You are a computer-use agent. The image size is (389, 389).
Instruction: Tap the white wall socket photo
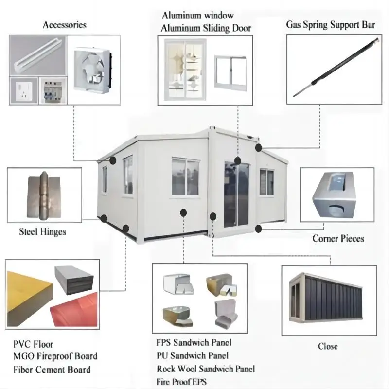pos(23,91)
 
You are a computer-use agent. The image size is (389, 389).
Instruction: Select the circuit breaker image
pos(53,91)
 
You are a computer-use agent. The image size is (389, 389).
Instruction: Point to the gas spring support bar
pos(336,67)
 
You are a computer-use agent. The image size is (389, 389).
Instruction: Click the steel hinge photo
pos(44,196)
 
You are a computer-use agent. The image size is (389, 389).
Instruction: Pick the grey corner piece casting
pos(335,195)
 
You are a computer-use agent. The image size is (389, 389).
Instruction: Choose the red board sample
pos(74,310)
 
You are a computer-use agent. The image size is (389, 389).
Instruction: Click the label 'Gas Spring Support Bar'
pos(330,25)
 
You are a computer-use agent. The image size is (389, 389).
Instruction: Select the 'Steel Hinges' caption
pos(42,232)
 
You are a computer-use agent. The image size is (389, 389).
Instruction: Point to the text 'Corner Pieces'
pos(338,238)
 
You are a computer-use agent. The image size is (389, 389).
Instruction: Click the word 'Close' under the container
pos(328,346)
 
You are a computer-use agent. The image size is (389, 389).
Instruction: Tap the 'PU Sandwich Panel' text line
pos(193,355)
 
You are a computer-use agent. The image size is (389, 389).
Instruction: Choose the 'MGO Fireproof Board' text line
pos(55,356)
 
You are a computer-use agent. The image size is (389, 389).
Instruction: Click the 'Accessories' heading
pos(65,25)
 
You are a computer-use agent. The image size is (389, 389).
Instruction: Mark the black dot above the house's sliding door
pos(237,161)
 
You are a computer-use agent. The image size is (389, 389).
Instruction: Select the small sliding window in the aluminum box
pos(230,73)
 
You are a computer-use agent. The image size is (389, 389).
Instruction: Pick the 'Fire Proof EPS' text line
pos(181,382)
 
